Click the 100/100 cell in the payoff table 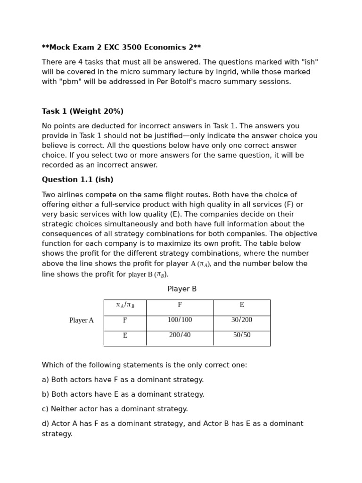(x=180, y=320)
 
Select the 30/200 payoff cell (x=241, y=320)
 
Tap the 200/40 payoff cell (x=180, y=335)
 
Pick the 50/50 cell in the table (x=241, y=335)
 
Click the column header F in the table (x=180, y=305)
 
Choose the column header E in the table (x=241, y=305)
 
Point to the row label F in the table (x=125, y=321)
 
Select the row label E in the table (x=125, y=336)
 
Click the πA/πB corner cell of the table (x=125, y=305)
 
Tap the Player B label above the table (x=182, y=289)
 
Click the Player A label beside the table (x=81, y=321)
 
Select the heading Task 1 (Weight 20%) (x=82, y=112)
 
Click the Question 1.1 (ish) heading (x=77, y=180)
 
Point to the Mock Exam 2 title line (x=121, y=48)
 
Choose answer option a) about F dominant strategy (x=123, y=380)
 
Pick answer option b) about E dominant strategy (x=123, y=395)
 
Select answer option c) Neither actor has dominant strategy (x=115, y=409)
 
